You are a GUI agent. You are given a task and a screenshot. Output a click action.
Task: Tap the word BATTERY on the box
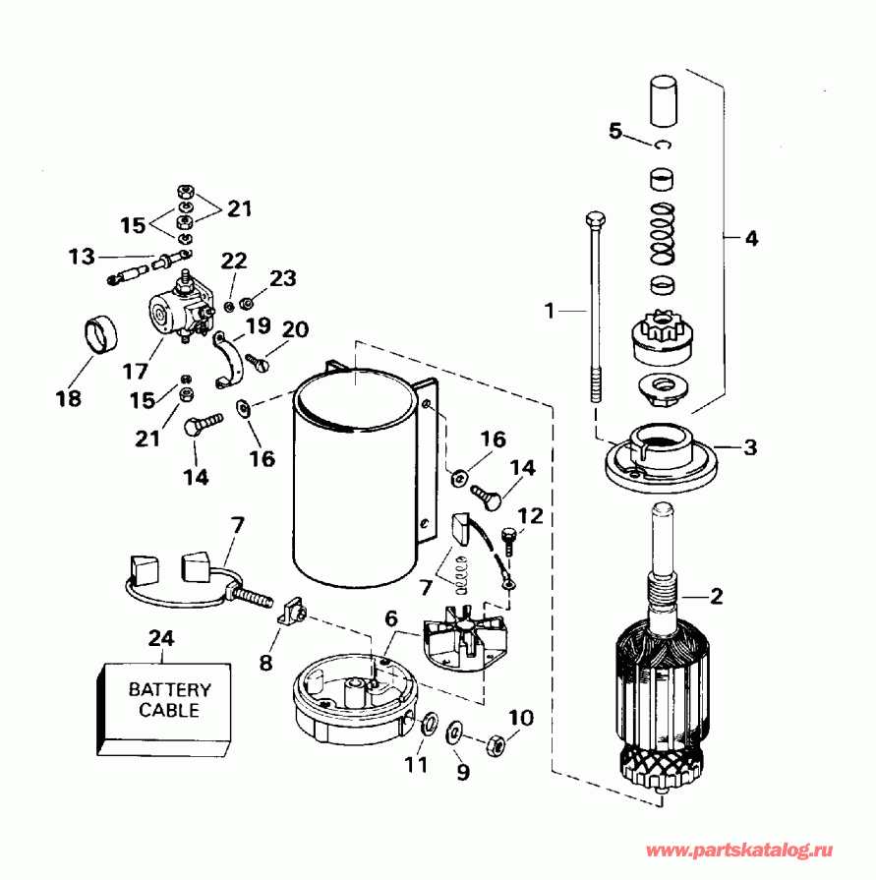[169, 690]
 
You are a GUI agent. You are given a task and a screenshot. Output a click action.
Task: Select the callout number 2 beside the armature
[717, 595]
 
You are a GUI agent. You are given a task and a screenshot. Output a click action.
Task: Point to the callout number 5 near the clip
[616, 130]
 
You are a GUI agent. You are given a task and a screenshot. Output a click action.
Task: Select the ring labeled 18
[99, 333]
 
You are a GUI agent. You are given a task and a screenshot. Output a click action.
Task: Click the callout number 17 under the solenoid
[135, 371]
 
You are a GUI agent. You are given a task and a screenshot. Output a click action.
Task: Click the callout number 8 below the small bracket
[265, 663]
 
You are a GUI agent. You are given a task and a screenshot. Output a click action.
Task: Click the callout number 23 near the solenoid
[282, 278]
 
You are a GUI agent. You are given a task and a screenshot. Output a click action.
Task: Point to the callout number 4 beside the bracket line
[751, 237]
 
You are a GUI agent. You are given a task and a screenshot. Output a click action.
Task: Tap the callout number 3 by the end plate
[750, 446]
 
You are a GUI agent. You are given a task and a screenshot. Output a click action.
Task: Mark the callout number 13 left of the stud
[82, 257]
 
